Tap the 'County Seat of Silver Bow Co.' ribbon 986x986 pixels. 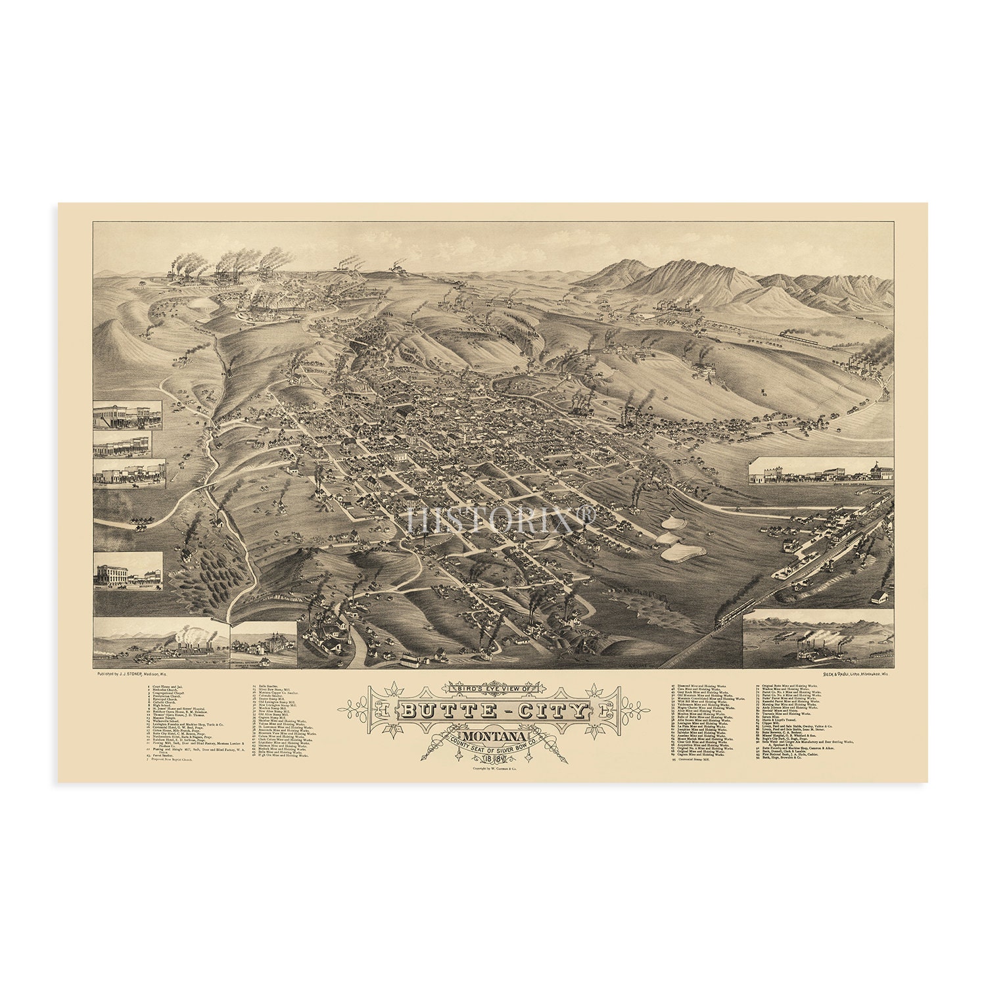click(494, 747)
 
